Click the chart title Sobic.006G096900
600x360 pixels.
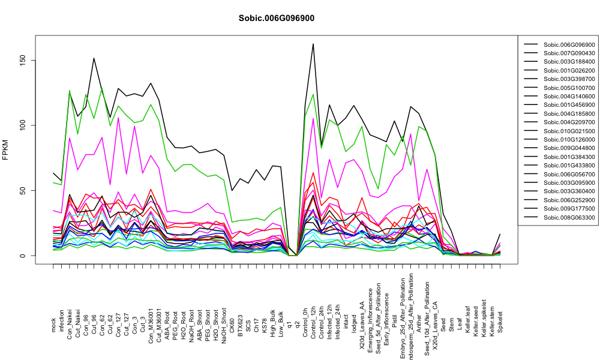coord(276,19)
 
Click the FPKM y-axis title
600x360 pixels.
coord(5,149)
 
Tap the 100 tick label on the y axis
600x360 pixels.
coord(23,125)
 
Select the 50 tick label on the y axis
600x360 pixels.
coord(23,191)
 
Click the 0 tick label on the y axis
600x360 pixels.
coord(23,256)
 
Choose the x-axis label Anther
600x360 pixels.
coord(419,323)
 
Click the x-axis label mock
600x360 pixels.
coord(53,325)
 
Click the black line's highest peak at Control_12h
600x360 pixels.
coord(313,44)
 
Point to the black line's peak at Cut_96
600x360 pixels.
coord(94,58)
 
